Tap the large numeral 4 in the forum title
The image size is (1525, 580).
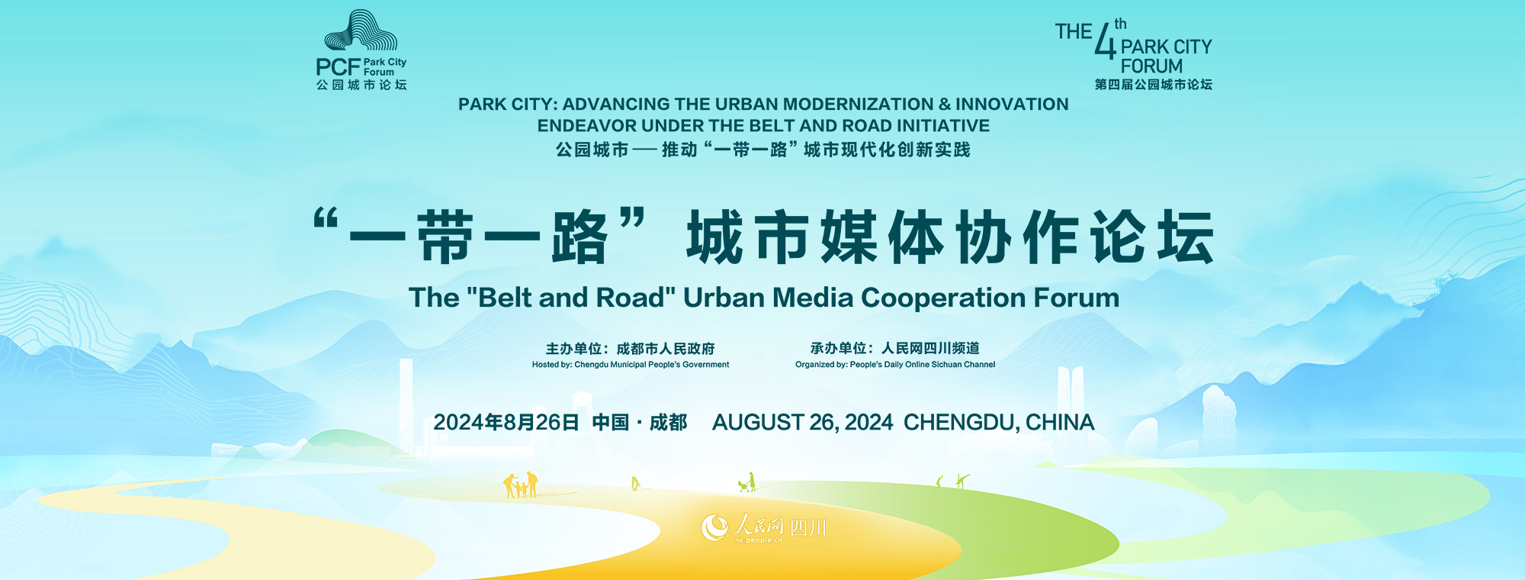[x=1105, y=41]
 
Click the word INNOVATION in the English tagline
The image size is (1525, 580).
[x=1012, y=105]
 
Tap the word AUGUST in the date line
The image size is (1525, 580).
[x=757, y=422]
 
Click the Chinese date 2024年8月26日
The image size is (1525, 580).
[x=506, y=422]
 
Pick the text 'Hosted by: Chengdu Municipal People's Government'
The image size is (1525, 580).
[x=631, y=365]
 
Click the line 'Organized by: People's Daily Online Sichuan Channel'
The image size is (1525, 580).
[x=895, y=365]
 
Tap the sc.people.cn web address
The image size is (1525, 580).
[x=759, y=540]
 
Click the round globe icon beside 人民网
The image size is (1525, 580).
[x=714, y=527]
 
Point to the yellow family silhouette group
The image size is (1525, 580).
[x=521, y=485]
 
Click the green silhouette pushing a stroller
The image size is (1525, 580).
[x=747, y=482]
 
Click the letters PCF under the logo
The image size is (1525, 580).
[x=338, y=67]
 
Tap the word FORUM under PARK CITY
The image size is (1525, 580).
[x=1151, y=66]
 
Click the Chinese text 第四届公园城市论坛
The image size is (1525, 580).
[x=1153, y=85]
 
